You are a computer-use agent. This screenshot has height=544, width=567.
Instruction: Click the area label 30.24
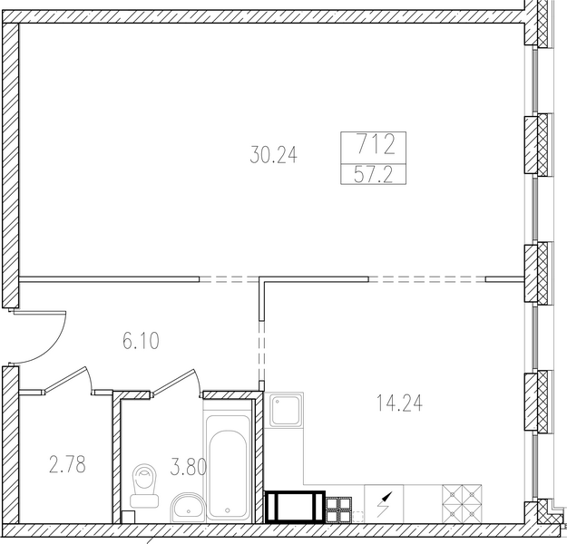point(273,155)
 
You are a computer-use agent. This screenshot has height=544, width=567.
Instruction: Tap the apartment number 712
point(376,144)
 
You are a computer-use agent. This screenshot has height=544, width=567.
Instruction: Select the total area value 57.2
point(373,175)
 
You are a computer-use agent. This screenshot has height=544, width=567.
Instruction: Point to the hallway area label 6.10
point(141,341)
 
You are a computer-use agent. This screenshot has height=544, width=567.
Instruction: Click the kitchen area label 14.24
point(399,403)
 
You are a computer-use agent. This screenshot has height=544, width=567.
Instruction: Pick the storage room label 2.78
point(67,464)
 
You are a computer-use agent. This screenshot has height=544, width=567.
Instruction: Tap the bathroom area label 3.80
point(188,466)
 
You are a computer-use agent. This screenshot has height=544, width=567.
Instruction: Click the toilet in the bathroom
point(144,485)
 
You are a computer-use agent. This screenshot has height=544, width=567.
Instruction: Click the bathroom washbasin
point(188,507)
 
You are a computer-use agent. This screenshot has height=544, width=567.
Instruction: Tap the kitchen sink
point(286,410)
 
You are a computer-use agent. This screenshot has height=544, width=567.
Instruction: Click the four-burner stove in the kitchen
point(462,504)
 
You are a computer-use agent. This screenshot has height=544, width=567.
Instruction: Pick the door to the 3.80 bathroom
point(176,382)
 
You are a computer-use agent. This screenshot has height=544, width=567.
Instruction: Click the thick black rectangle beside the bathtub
point(295,507)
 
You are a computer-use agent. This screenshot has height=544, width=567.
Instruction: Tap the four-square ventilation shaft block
point(338,510)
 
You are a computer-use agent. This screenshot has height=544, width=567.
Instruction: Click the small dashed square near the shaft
point(357,517)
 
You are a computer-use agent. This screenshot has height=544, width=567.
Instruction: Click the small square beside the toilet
point(128,517)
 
